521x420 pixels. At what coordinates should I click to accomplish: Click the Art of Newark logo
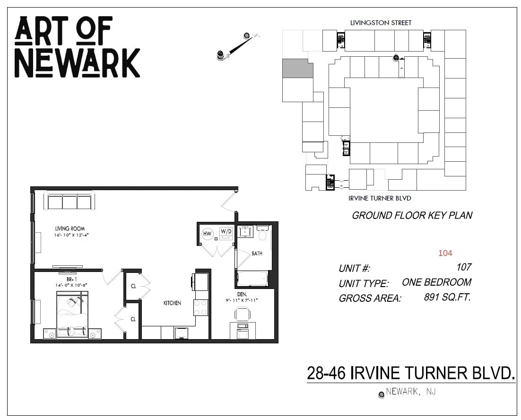pyautogui.click(x=77, y=47)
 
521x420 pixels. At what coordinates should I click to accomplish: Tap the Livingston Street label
pyautogui.click(x=381, y=23)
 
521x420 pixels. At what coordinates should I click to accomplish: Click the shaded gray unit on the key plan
pyautogui.click(x=297, y=69)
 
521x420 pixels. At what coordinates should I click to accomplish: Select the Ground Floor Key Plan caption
pyautogui.click(x=412, y=216)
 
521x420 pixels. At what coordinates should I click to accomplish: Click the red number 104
pyautogui.click(x=445, y=253)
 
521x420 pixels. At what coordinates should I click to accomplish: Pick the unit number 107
pyautogui.click(x=463, y=267)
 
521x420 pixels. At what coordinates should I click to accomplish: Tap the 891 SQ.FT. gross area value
pyautogui.click(x=447, y=297)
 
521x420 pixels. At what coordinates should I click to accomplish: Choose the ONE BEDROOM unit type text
pyautogui.click(x=436, y=282)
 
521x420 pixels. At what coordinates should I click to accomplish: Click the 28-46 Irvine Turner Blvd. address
pyautogui.click(x=410, y=373)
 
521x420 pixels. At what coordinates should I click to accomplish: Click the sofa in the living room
pyautogui.click(x=69, y=201)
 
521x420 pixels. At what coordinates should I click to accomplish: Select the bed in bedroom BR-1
pyautogui.click(x=72, y=315)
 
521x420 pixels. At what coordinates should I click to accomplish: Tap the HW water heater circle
pyautogui.click(x=207, y=234)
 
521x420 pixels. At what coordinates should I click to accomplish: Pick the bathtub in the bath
pyautogui.click(x=252, y=278)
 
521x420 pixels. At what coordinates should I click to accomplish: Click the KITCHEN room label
pyautogui.click(x=172, y=303)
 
